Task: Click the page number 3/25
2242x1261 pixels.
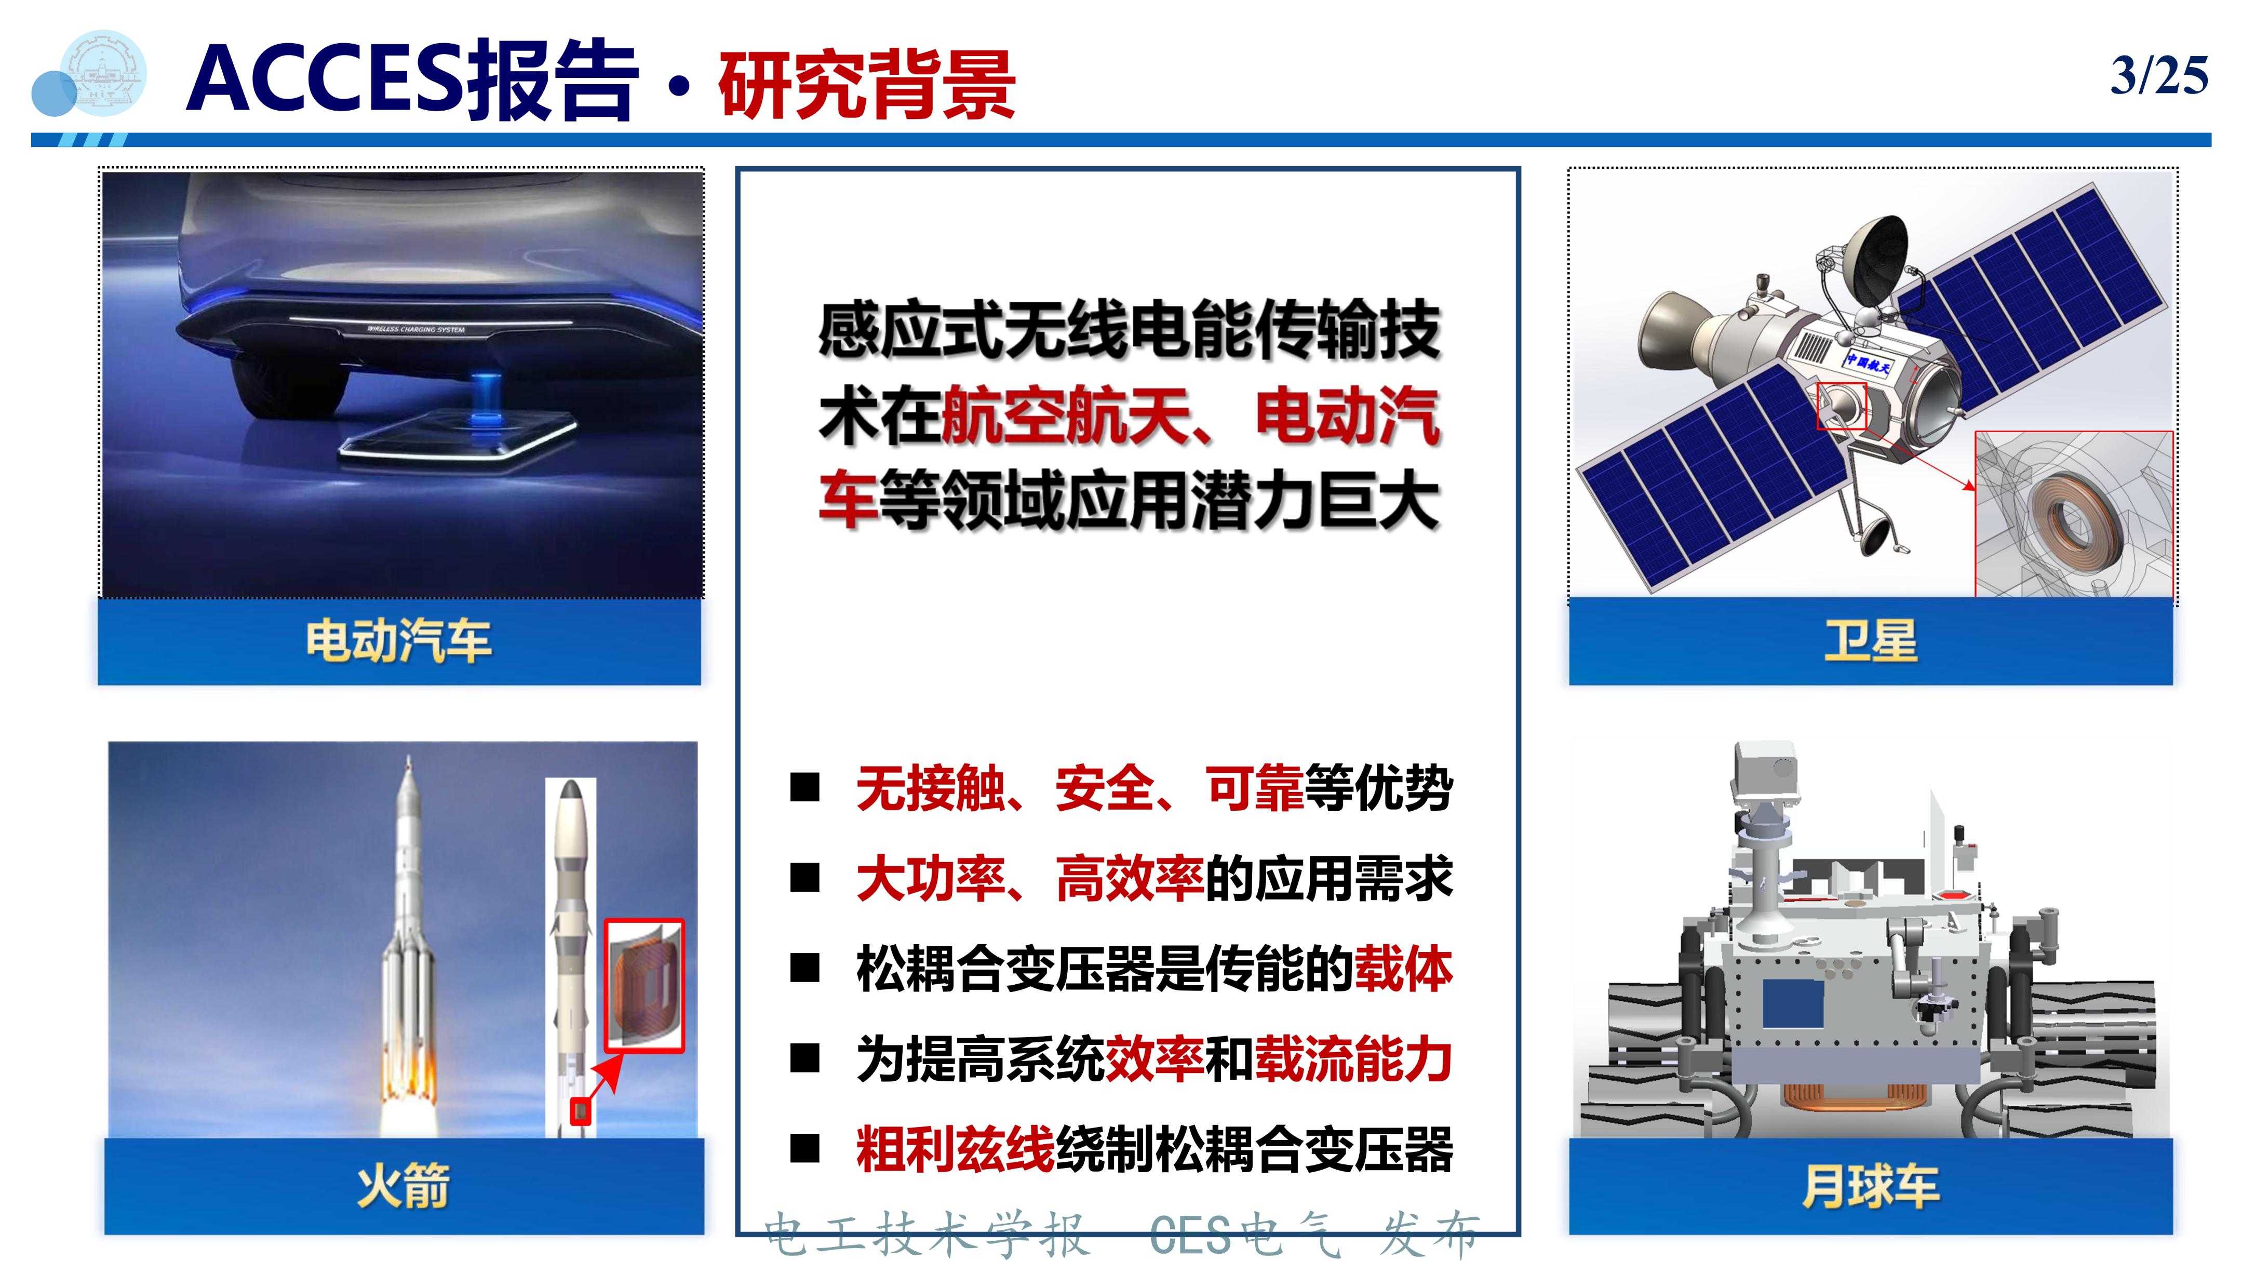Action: tap(2158, 76)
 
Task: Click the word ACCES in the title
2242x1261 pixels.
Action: tap(322, 80)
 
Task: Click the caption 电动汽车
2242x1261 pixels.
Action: tap(399, 641)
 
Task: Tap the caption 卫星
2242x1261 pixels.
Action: tap(1870, 641)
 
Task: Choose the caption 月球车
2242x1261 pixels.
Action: tap(1870, 1185)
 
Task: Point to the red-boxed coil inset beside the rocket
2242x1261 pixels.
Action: tap(644, 985)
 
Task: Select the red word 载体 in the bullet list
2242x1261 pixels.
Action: tap(1403, 969)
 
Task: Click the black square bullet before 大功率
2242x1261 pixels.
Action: tap(805, 879)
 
